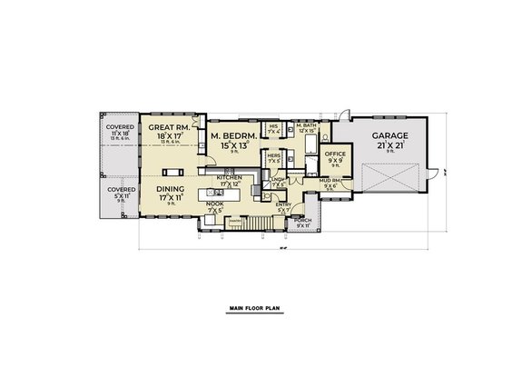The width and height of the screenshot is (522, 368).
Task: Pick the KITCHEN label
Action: click(x=228, y=177)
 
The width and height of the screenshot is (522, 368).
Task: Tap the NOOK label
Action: click(x=215, y=204)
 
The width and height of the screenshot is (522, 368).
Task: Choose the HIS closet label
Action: click(x=273, y=125)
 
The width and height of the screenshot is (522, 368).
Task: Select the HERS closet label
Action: click(x=272, y=155)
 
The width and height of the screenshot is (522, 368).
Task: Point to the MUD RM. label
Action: click(x=329, y=181)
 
